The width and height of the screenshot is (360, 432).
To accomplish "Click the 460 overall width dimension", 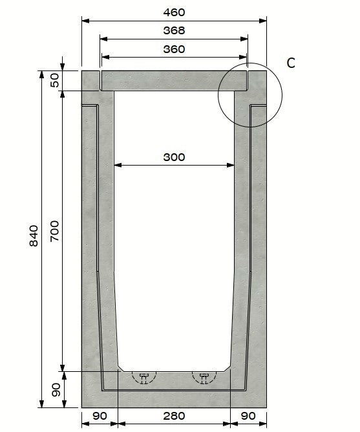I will coord(174,12).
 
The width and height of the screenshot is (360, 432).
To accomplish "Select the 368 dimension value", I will coord(174,30).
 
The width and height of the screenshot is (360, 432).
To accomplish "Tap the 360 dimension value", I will coord(174,49).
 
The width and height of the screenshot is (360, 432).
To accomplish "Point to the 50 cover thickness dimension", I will coord(54,80).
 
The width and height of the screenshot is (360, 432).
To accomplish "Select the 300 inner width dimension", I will coord(174,157).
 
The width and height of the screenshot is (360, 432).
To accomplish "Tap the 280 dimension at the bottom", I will coord(174,416).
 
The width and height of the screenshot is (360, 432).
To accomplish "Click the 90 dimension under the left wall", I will coord(99,416).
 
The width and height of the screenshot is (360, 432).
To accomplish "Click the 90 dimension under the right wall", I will coord(248,416).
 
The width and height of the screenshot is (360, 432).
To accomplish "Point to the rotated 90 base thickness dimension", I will coord(56,390).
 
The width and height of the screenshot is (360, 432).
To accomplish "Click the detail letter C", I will coord(291,63).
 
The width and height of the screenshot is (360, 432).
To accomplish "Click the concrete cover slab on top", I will coord(174,80).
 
